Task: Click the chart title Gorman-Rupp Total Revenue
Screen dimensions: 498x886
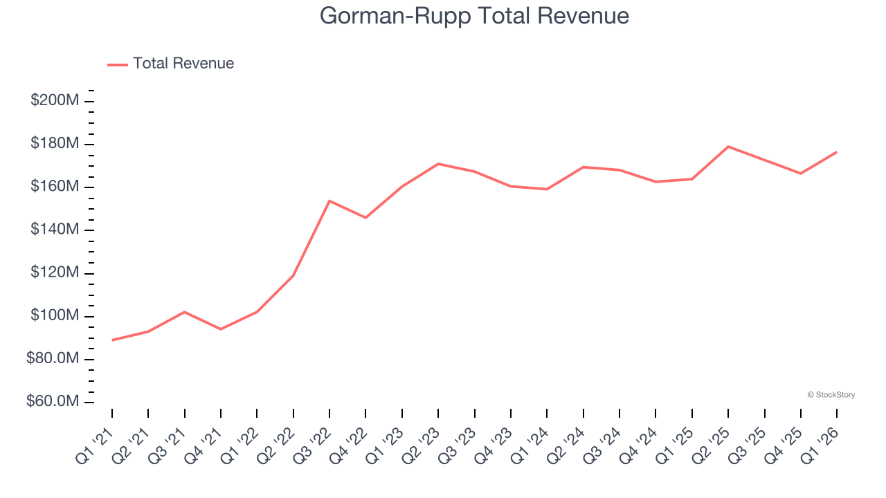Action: pyautogui.click(x=474, y=16)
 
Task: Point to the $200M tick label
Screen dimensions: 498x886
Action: pyautogui.click(x=55, y=101)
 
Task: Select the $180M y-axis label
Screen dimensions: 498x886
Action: pyautogui.click(x=55, y=144)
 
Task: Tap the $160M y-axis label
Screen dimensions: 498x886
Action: pyautogui.click(x=55, y=187)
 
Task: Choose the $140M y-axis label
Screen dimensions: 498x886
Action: pyautogui.click(x=55, y=230)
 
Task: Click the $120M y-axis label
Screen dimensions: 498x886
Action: pyautogui.click(x=55, y=273)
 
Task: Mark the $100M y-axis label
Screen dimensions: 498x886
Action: pyautogui.click(x=55, y=316)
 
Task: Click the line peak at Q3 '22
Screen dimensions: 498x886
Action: pyautogui.click(x=329, y=201)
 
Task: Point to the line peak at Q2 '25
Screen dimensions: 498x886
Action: pyautogui.click(x=728, y=147)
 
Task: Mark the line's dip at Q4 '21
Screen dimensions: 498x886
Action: pyautogui.click(x=221, y=329)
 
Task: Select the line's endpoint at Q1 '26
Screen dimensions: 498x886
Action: pyautogui.click(x=837, y=152)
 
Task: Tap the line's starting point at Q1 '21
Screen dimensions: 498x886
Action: pyautogui.click(x=112, y=340)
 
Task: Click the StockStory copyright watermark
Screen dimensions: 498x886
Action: pyautogui.click(x=831, y=395)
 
